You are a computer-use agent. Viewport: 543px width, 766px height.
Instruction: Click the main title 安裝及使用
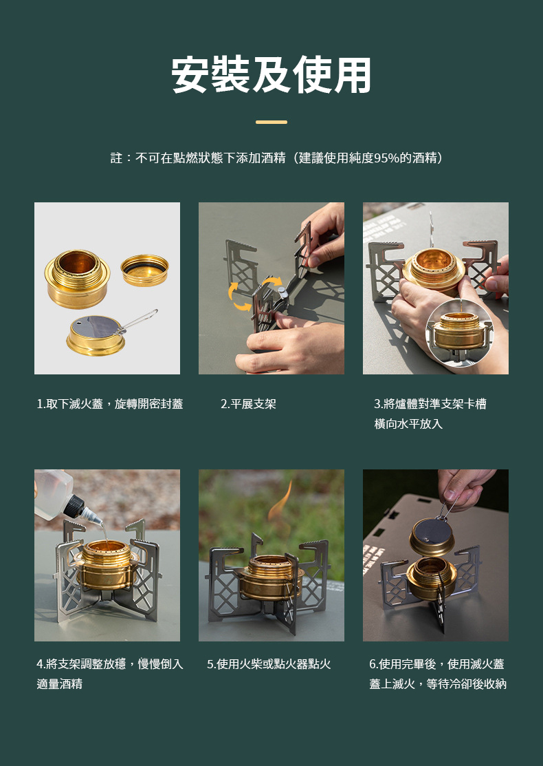pos(271,75)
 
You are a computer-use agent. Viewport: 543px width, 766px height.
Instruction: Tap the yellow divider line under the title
pos(271,122)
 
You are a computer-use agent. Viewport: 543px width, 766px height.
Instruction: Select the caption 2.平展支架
pos(248,404)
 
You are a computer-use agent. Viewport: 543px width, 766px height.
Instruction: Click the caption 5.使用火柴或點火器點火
pos(269,664)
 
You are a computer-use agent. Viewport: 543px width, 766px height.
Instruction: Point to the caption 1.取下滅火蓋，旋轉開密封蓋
pos(110,404)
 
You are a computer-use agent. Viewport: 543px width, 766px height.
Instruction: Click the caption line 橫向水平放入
pos(408,423)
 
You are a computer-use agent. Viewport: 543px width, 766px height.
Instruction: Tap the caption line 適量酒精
pos(60,684)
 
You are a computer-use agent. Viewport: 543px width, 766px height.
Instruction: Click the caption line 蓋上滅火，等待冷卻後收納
pos(438,684)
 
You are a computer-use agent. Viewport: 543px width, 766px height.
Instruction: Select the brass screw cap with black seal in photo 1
pos(145,270)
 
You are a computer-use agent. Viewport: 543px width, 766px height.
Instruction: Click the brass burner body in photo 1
pos(77,279)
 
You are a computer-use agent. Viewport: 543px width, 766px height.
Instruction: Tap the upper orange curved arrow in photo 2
pos(271,282)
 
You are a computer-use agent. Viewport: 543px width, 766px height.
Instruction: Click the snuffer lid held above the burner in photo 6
pos(431,536)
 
